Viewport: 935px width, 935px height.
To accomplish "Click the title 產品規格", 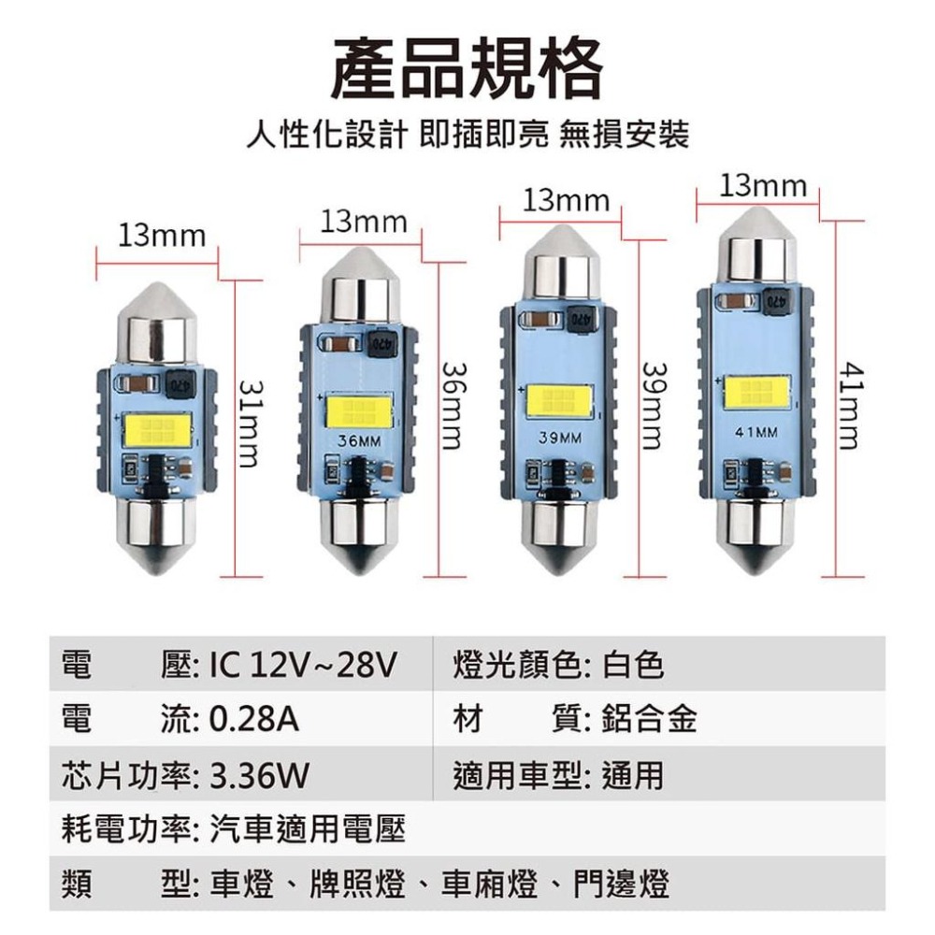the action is point(467,68).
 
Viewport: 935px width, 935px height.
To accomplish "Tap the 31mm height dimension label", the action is point(249,424).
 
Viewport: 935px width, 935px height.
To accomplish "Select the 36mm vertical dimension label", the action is point(452,406).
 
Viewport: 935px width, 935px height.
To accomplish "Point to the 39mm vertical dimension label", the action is point(652,406).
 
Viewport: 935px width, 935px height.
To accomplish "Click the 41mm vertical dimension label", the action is point(851,406).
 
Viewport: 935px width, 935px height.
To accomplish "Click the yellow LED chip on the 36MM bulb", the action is point(359,411).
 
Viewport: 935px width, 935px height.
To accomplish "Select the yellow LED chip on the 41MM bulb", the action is point(757,393).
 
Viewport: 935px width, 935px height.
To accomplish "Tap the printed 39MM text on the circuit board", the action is point(560,438).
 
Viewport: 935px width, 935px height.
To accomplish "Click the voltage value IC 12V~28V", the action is point(303,665).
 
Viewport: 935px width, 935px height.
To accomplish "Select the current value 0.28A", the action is point(254,719).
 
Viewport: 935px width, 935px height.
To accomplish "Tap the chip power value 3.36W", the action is point(259,775).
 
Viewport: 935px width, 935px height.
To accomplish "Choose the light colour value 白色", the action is point(633,665).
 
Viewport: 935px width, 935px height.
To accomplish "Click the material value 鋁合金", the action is point(649,719).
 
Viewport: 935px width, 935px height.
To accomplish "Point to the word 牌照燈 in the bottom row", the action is point(358,884).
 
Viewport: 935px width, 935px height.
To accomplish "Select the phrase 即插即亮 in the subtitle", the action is point(484,134).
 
